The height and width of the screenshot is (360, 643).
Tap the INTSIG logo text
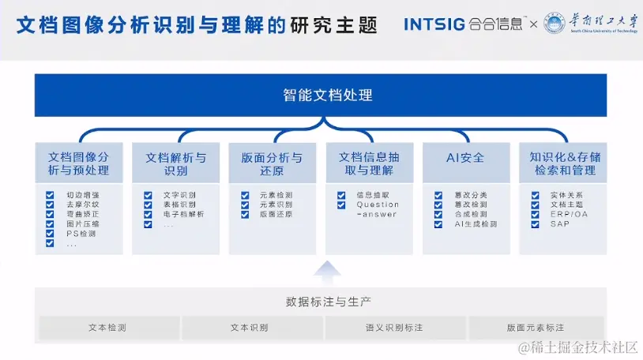[x=434, y=24]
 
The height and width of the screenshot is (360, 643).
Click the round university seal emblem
[x=555, y=24]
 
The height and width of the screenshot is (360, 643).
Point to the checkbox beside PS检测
[x=51, y=234]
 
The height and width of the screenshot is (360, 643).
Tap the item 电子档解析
[x=183, y=214]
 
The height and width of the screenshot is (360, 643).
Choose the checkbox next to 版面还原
[x=245, y=214]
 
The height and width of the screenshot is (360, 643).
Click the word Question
[x=378, y=204]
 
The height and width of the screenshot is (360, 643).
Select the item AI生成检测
[x=476, y=224]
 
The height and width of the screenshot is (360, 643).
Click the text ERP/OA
[x=569, y=214]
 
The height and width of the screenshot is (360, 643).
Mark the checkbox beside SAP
[x=536, y=224]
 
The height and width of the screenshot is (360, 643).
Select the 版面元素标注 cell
[x=536, y=328]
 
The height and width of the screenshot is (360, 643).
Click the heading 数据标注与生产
[x=328, y=302]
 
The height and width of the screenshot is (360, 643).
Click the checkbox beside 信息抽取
[x=341, y=195]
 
